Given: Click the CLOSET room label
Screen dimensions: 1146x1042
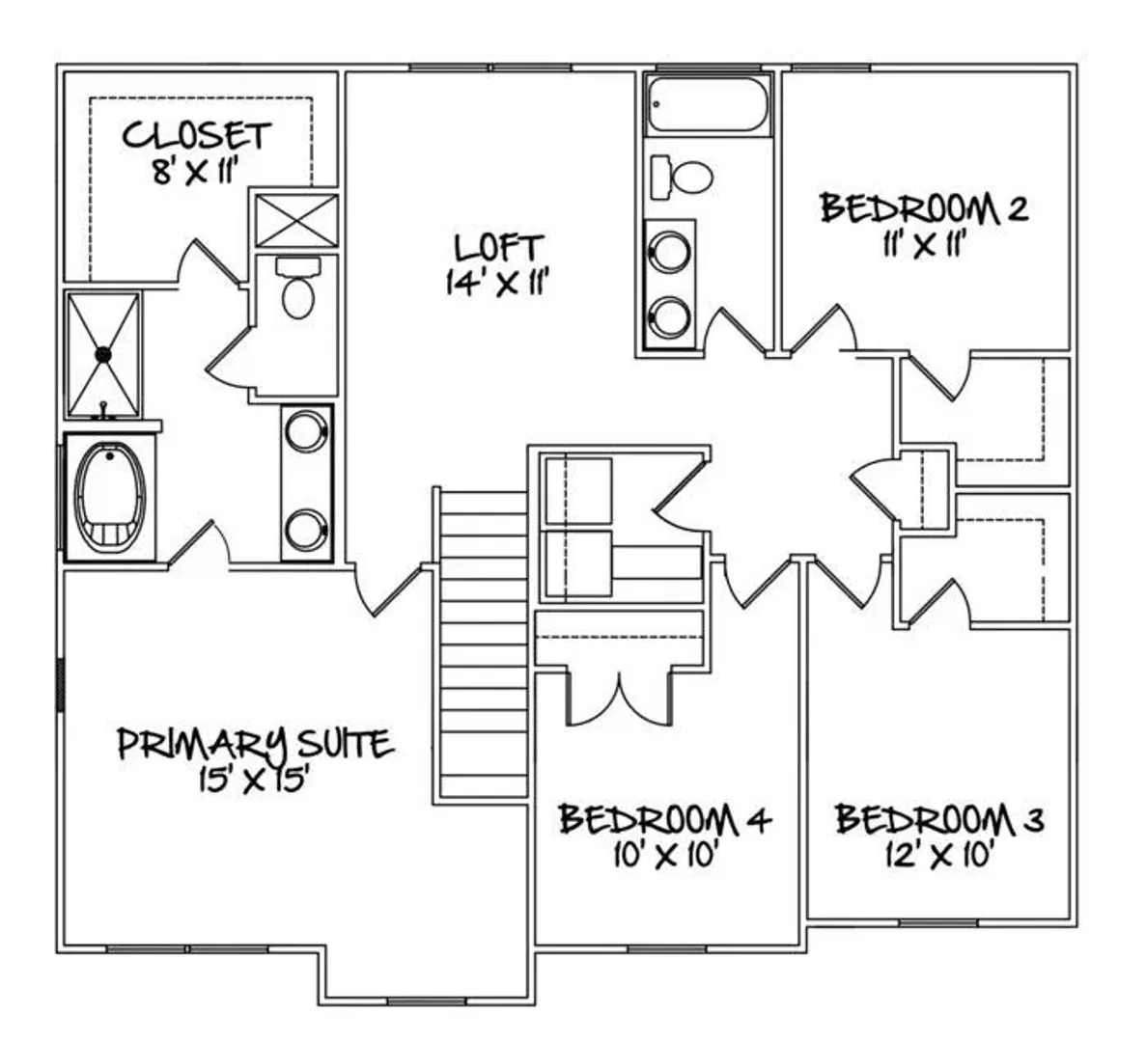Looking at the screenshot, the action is [197, 136].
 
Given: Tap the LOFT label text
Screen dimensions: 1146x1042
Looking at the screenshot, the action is [499, 248].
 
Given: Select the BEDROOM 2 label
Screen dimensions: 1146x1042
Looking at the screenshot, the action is [925, 207].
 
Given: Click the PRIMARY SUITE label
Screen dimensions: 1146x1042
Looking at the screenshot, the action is [256, 744].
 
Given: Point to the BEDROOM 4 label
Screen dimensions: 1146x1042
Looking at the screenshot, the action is [665, 819].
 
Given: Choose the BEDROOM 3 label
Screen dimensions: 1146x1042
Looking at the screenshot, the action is [940, 819].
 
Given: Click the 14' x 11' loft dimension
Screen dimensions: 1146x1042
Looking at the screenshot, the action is [498, 282].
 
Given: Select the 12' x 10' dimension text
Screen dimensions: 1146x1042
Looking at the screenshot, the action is [939, 854].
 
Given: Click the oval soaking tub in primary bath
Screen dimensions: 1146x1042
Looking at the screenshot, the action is [110, 497].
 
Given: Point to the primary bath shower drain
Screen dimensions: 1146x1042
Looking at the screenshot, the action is [102, 354].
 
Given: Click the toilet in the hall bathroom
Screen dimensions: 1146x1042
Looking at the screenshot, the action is [682, 177].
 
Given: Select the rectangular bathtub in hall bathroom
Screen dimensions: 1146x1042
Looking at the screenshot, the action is [708, 104].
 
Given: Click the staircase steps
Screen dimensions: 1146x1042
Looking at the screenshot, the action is [483, 644].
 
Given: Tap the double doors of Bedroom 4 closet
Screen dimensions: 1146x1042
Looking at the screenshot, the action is [620, 699].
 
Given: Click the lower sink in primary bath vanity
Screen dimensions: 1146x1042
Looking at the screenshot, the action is [306, 531].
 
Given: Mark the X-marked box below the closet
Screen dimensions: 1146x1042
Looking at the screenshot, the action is [296, 220].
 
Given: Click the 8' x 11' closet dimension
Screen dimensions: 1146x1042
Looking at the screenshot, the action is [197, 172].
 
